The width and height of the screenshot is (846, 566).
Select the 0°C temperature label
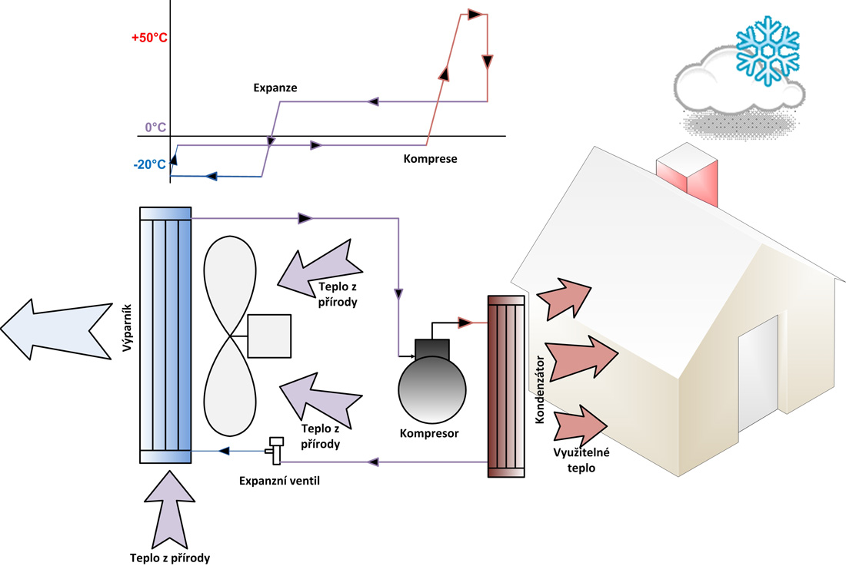click(x=156, y=127)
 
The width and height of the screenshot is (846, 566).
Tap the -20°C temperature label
click(x=149, y=164)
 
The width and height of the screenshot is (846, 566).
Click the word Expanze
click(x=275, y=88)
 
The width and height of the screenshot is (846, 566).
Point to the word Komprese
click(x=430, y=159)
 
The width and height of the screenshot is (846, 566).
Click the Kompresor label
click(x=429, y=433)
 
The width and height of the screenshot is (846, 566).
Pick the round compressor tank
click(x=432, y=386)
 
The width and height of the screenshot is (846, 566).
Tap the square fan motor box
click(x=269, y=336)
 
